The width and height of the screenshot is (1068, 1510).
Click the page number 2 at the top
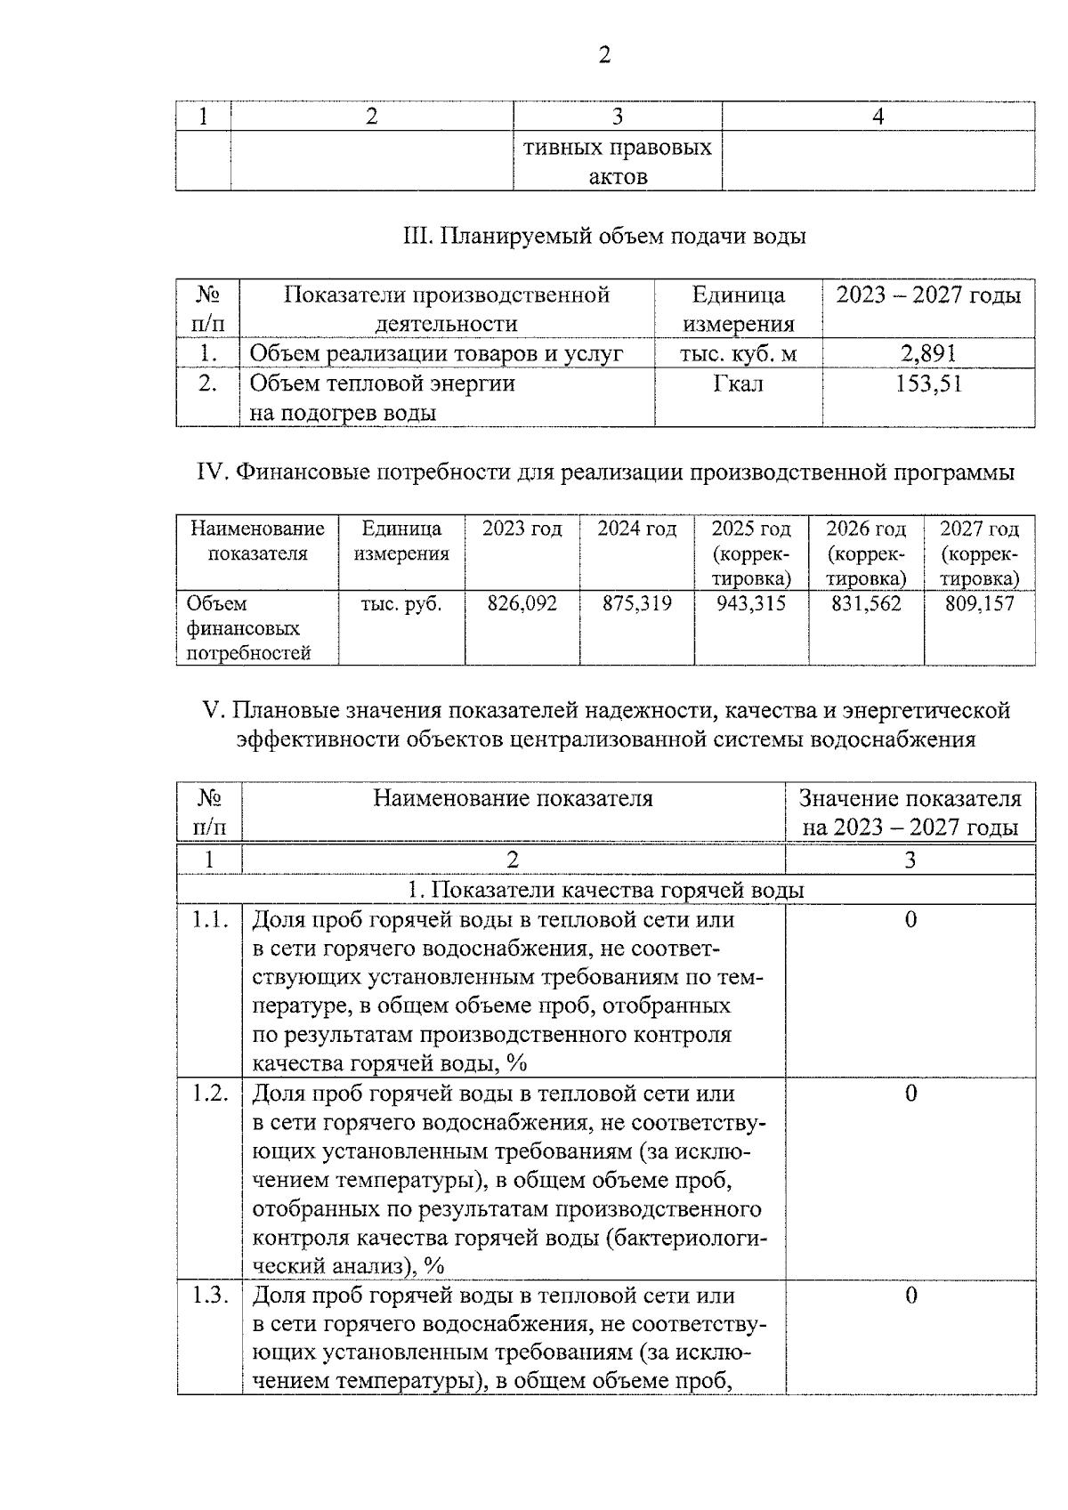coord(604,55)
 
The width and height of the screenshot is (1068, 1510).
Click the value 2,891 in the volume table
coord(928,354)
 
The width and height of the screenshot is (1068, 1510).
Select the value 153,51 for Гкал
coord(928,384)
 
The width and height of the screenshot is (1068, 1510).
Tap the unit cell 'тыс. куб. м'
coord(738,354)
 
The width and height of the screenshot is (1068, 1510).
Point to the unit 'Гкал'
coord(738,384)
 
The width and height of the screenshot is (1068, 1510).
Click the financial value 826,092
coord(522,604)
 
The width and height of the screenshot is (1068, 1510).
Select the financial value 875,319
coord(636,604)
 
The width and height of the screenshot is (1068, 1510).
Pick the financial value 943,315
coord(751,604)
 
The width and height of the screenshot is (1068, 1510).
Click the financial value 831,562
coord(866,604)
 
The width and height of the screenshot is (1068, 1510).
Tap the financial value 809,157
coord(979,604)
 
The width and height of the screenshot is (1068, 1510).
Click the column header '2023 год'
coord(522,529)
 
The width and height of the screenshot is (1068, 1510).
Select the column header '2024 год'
coord(636,529)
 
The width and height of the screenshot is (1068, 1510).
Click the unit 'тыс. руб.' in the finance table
coord(401,604)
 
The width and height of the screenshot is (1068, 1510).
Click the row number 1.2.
coord(210,1094)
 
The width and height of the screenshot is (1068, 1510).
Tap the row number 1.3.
coord(210,1296)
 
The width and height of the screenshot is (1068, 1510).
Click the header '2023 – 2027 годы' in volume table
coord(928,295)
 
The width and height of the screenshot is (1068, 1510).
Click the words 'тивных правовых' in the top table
coord(618,148)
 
